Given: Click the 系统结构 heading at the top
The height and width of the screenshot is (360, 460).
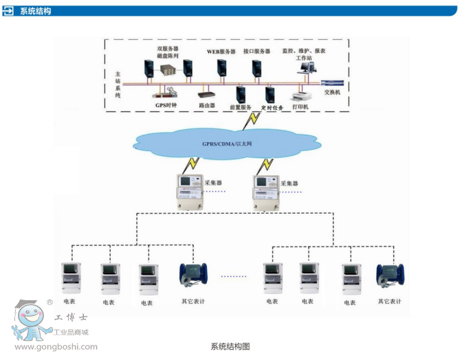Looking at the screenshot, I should [x=35, y=11].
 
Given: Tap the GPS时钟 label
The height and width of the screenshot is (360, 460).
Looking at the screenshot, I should [x=166, y=105].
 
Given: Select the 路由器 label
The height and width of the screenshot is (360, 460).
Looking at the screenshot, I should [x=207, y=105].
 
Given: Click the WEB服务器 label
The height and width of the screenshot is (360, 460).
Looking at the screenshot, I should [x=221, y=52].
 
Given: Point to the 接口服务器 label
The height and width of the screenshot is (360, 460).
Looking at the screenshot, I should [x=256, y=52].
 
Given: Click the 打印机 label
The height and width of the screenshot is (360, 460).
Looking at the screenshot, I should [x=300, y=107].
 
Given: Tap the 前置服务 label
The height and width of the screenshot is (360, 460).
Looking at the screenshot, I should [x=241, y=108].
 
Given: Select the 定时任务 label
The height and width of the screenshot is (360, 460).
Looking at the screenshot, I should [x=272, y=108].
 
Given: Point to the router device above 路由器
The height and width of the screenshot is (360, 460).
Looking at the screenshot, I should [x=206, y=95].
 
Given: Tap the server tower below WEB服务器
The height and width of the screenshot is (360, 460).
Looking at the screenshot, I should [x=221, y=67].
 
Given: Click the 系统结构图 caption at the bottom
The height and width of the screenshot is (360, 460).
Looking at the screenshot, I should [x=230, y=346].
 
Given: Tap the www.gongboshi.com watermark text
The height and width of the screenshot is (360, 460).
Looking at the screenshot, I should [x=56, y=347].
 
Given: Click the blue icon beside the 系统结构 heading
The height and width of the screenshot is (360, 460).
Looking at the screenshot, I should [x=9, y=11].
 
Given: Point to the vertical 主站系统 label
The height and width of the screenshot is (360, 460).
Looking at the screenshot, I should [x=118, y=83].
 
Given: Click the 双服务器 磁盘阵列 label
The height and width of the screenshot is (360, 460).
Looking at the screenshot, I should [x=167, y=52].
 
